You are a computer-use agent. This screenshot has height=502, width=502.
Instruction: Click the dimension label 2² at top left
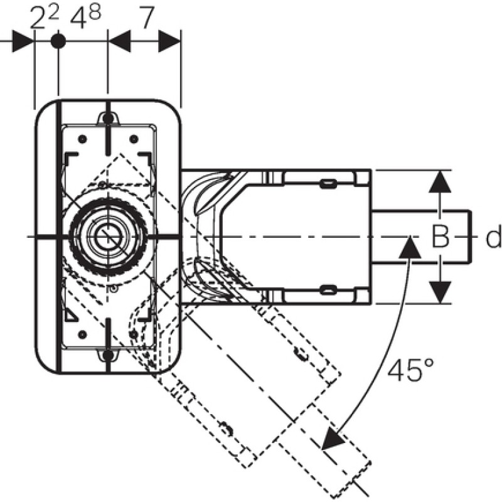(x=45, y=18)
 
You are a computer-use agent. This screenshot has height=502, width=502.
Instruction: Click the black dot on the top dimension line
(x=58, y=41)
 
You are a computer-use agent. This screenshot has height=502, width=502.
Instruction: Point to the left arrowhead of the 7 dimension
(x=119, y=41)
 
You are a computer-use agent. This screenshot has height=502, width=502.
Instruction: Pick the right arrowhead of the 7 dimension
(x=169, y=41)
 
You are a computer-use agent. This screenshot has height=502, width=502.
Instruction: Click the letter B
(x=441, y=237)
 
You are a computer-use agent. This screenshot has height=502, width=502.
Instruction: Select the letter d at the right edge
(x=494, y=237)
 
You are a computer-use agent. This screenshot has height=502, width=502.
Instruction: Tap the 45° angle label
(x=411, y=370)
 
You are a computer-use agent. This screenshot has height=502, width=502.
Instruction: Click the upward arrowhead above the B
(x=441, y=181)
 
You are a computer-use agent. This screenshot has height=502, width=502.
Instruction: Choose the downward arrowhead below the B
(x=441, y=292)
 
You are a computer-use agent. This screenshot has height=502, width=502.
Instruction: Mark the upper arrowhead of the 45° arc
(x=410, y=247)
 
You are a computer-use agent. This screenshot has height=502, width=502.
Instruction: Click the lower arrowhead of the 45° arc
(x=333, y=439)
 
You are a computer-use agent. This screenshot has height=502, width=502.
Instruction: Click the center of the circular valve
(x=108, y=237)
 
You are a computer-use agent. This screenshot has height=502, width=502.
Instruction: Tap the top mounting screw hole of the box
(x=108, y=119)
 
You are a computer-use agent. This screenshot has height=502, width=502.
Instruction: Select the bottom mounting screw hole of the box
(x=108, y=355)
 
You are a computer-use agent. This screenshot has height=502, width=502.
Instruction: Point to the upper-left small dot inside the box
(x=83, y=139)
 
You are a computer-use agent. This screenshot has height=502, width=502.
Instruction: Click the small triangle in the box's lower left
(x=71, y=316)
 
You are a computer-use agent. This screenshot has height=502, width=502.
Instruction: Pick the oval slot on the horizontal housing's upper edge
(x=328, y=184)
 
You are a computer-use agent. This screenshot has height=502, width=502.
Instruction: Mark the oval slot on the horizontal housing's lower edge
(x=328, y=291)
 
